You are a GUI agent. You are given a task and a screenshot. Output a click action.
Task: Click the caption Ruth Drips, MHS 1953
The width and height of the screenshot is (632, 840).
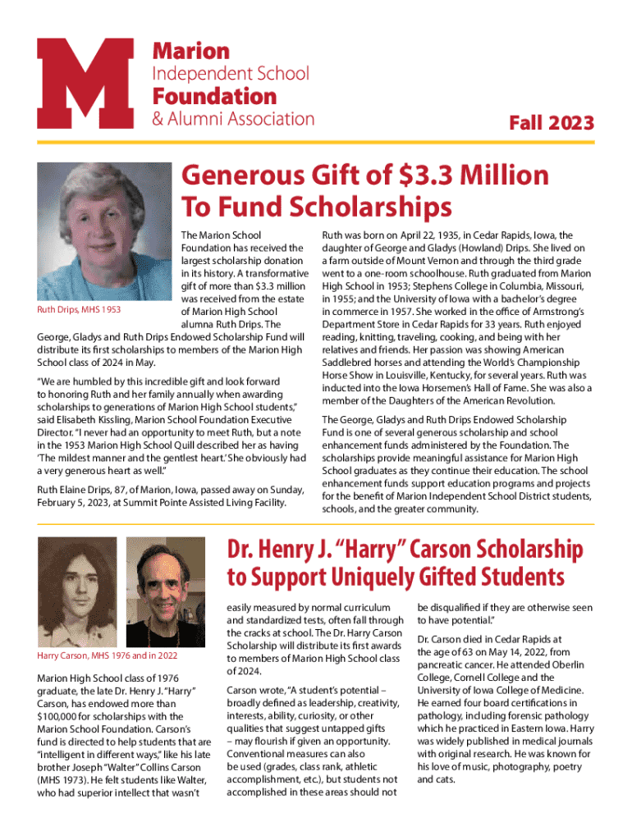tap(80, 310)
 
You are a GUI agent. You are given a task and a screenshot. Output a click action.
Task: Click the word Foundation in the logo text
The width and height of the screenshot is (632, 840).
tap(215, 96)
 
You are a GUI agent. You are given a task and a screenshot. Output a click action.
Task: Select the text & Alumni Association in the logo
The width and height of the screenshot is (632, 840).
tap(233, 119)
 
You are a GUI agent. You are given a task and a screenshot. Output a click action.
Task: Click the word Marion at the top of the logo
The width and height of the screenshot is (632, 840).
tap(191, 52)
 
